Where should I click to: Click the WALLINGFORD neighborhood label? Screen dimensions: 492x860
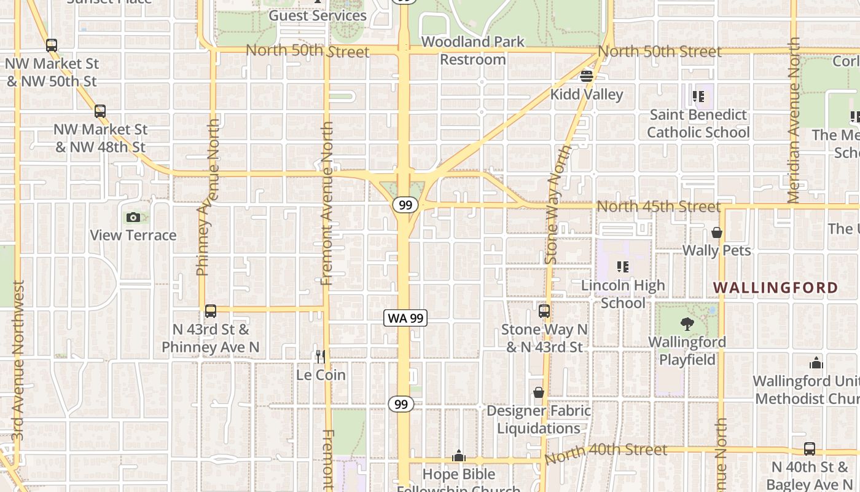(775, 288)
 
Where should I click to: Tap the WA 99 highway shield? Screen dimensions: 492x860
(405, 318)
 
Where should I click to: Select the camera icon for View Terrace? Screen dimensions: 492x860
(133, 217)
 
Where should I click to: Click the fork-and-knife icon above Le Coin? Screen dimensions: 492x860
(320, 357)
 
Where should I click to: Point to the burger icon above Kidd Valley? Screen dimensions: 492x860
(587, 76)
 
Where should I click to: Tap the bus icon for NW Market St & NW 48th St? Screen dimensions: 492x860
(100, 111)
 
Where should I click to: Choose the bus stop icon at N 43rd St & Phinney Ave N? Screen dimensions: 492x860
(211, 311)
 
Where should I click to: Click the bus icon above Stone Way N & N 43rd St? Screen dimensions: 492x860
(544, 311)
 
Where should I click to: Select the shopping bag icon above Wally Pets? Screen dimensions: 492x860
(716, 232)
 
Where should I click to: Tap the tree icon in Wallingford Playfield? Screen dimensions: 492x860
(687, 323)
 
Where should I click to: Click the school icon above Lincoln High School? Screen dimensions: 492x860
(623, 267)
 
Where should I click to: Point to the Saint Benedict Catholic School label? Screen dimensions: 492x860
(698, 124)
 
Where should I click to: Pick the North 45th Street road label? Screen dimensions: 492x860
(659, 206)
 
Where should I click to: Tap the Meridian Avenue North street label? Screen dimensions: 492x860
(793, 120)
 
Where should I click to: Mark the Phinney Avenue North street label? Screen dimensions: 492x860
(206, 197)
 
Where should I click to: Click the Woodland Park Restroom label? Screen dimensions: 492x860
(473, 50)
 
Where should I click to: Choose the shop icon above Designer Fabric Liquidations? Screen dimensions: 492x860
(539, 392)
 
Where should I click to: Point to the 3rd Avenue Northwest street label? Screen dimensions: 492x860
(18, 360)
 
